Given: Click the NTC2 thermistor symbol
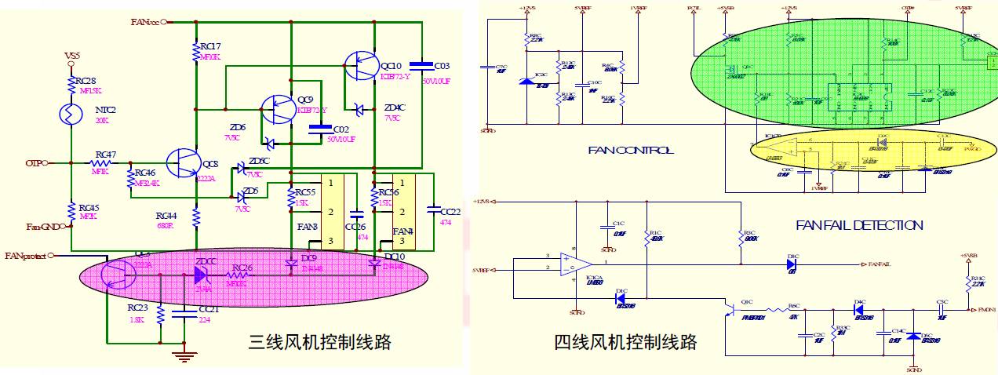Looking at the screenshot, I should (x=71, y=113).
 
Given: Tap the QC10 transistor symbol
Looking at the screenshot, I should (x=362, y=65).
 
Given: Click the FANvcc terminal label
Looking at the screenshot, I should (x=145, y=22).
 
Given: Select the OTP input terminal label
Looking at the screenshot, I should (x=33, y=163).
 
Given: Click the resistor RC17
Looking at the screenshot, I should (x=196, y=51).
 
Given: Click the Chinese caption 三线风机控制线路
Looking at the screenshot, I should (x=319, y=342).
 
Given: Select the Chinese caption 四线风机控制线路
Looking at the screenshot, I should (x=625, y=342).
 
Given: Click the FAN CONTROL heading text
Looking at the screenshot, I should (x=630, y=151).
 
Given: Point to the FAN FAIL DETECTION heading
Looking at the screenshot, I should (x=859, y=225).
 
